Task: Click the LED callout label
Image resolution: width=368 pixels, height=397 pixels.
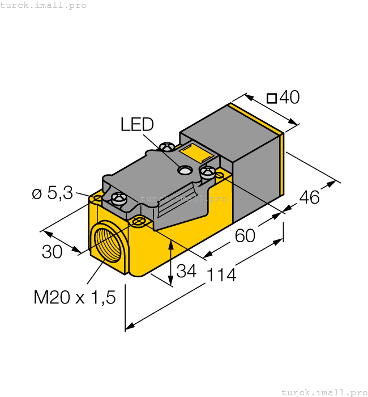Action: (136, 124)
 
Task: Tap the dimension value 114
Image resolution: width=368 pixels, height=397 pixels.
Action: (221, 276)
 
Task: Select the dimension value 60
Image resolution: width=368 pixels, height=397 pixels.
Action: (245, 235)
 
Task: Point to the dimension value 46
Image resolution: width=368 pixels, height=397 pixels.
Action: (309, 197)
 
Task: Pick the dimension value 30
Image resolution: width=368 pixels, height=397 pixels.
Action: (52, 252)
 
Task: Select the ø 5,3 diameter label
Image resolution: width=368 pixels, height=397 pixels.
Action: (52, 193)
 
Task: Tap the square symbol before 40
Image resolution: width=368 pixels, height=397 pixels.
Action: (271, 98)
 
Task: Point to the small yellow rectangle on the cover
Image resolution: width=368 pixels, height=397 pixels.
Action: (195, 154)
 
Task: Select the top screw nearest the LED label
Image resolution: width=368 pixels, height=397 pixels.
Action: (167, 147)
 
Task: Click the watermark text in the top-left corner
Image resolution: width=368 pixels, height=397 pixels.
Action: (44, 5)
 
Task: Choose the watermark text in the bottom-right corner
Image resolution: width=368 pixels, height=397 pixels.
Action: (324, 392)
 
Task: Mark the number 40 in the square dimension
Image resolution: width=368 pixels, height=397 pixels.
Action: (289, 98)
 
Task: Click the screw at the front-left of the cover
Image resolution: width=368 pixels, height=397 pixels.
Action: (119, 198)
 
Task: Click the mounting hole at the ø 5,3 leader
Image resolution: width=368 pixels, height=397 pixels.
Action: (97, 198)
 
